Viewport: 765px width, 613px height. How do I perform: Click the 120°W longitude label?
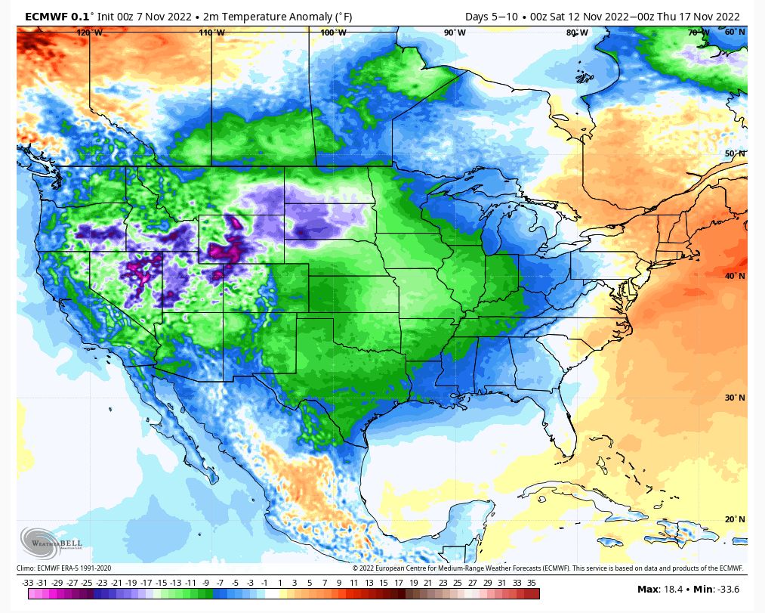click(x=90, y=33)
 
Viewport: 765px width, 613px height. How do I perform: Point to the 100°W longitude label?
click(x=333, y=33)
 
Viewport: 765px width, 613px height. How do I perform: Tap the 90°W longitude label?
click(x=455, y=33)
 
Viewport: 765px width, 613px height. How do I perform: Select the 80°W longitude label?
click(x=577, y=33)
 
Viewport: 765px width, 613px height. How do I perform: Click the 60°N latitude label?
click(x=735, y=33)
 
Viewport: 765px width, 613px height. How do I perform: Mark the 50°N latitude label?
click(x=735, y=154)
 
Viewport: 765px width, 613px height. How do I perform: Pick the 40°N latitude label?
click(x=735, y=276)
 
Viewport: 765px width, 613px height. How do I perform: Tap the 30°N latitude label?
click(x=735, y=398)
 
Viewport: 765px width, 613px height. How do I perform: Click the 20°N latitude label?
click(x=735, y=519)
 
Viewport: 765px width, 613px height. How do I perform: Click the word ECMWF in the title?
click(x=47, y=17)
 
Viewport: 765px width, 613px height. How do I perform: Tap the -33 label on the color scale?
click(x=28, y=583)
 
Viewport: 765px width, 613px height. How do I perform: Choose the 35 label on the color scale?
click(x=532, y=583)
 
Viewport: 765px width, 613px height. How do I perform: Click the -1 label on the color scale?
click(x=264, y=583)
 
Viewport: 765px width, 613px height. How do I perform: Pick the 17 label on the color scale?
click(x=399, y=583)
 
